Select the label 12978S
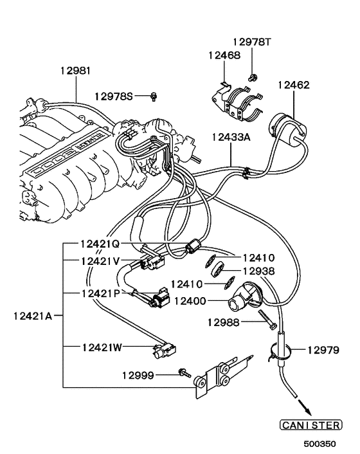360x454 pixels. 113,96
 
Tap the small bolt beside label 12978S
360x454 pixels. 154,96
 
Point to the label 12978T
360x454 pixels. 252,42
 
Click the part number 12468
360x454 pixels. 224,55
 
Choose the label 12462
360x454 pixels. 294,84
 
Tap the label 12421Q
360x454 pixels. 100,244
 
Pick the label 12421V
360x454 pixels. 100,261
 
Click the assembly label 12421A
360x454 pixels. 32,316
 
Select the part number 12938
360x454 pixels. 260,271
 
